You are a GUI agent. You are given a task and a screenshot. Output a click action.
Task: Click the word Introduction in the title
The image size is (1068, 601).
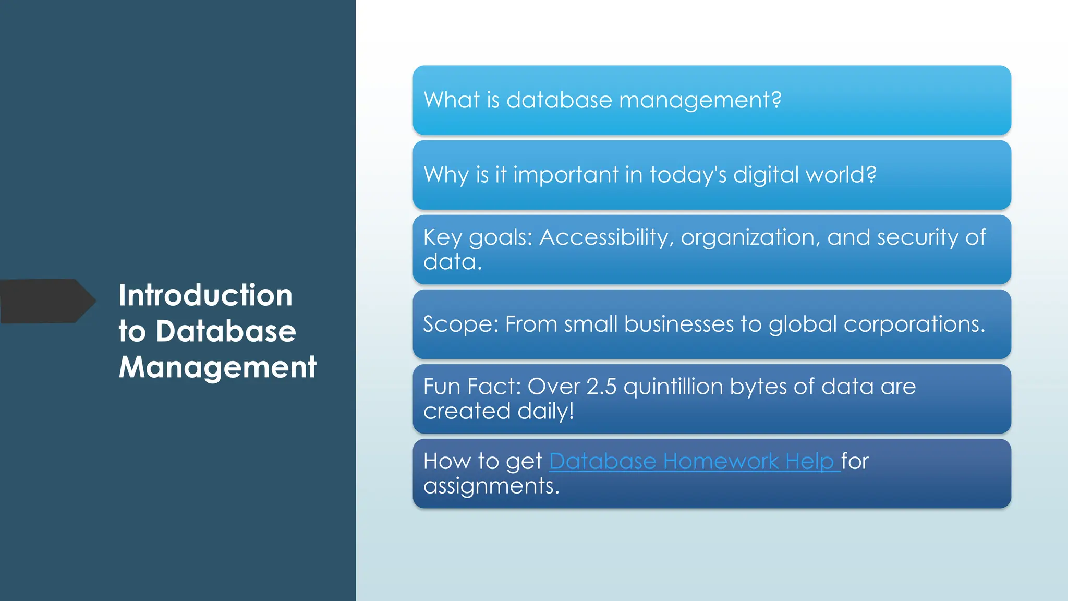pyautogui.click(x=205, y=295)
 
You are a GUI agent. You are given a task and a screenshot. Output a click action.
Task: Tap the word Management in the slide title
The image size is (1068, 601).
pyautogui.click(x=217, y=367)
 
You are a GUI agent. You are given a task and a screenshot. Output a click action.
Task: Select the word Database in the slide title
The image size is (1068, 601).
pyautogui.click(x=226, y=331)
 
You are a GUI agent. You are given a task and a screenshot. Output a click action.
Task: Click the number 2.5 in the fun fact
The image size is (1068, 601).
pyautogui.click(x=601, y=387)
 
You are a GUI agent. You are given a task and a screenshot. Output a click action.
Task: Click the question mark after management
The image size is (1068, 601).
pyautogui.click(x=776, y=100)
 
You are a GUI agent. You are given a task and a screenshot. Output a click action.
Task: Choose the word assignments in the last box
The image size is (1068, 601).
pyautogui.click(x=491, y=486)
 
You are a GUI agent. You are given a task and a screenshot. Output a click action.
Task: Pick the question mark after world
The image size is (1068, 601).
pyautogui.click(x=871, y=174)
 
